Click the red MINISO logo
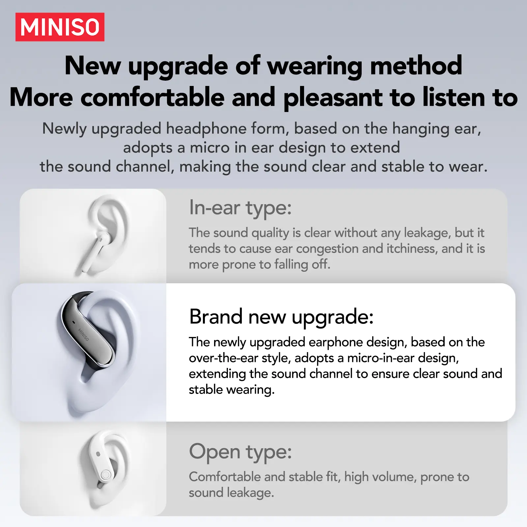click(x=60, y=27)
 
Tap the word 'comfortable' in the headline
click(x=152, y=97)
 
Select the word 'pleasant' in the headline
click(x=333, y=98)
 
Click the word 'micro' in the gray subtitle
click(x=209, y=148)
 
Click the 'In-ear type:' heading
click(x=240, y=208)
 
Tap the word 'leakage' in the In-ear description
click(x=428, y=233)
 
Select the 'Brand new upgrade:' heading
click(x=281, y=317)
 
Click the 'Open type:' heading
click(x=240, y=452)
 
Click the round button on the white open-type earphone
click(x=106, y=475)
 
